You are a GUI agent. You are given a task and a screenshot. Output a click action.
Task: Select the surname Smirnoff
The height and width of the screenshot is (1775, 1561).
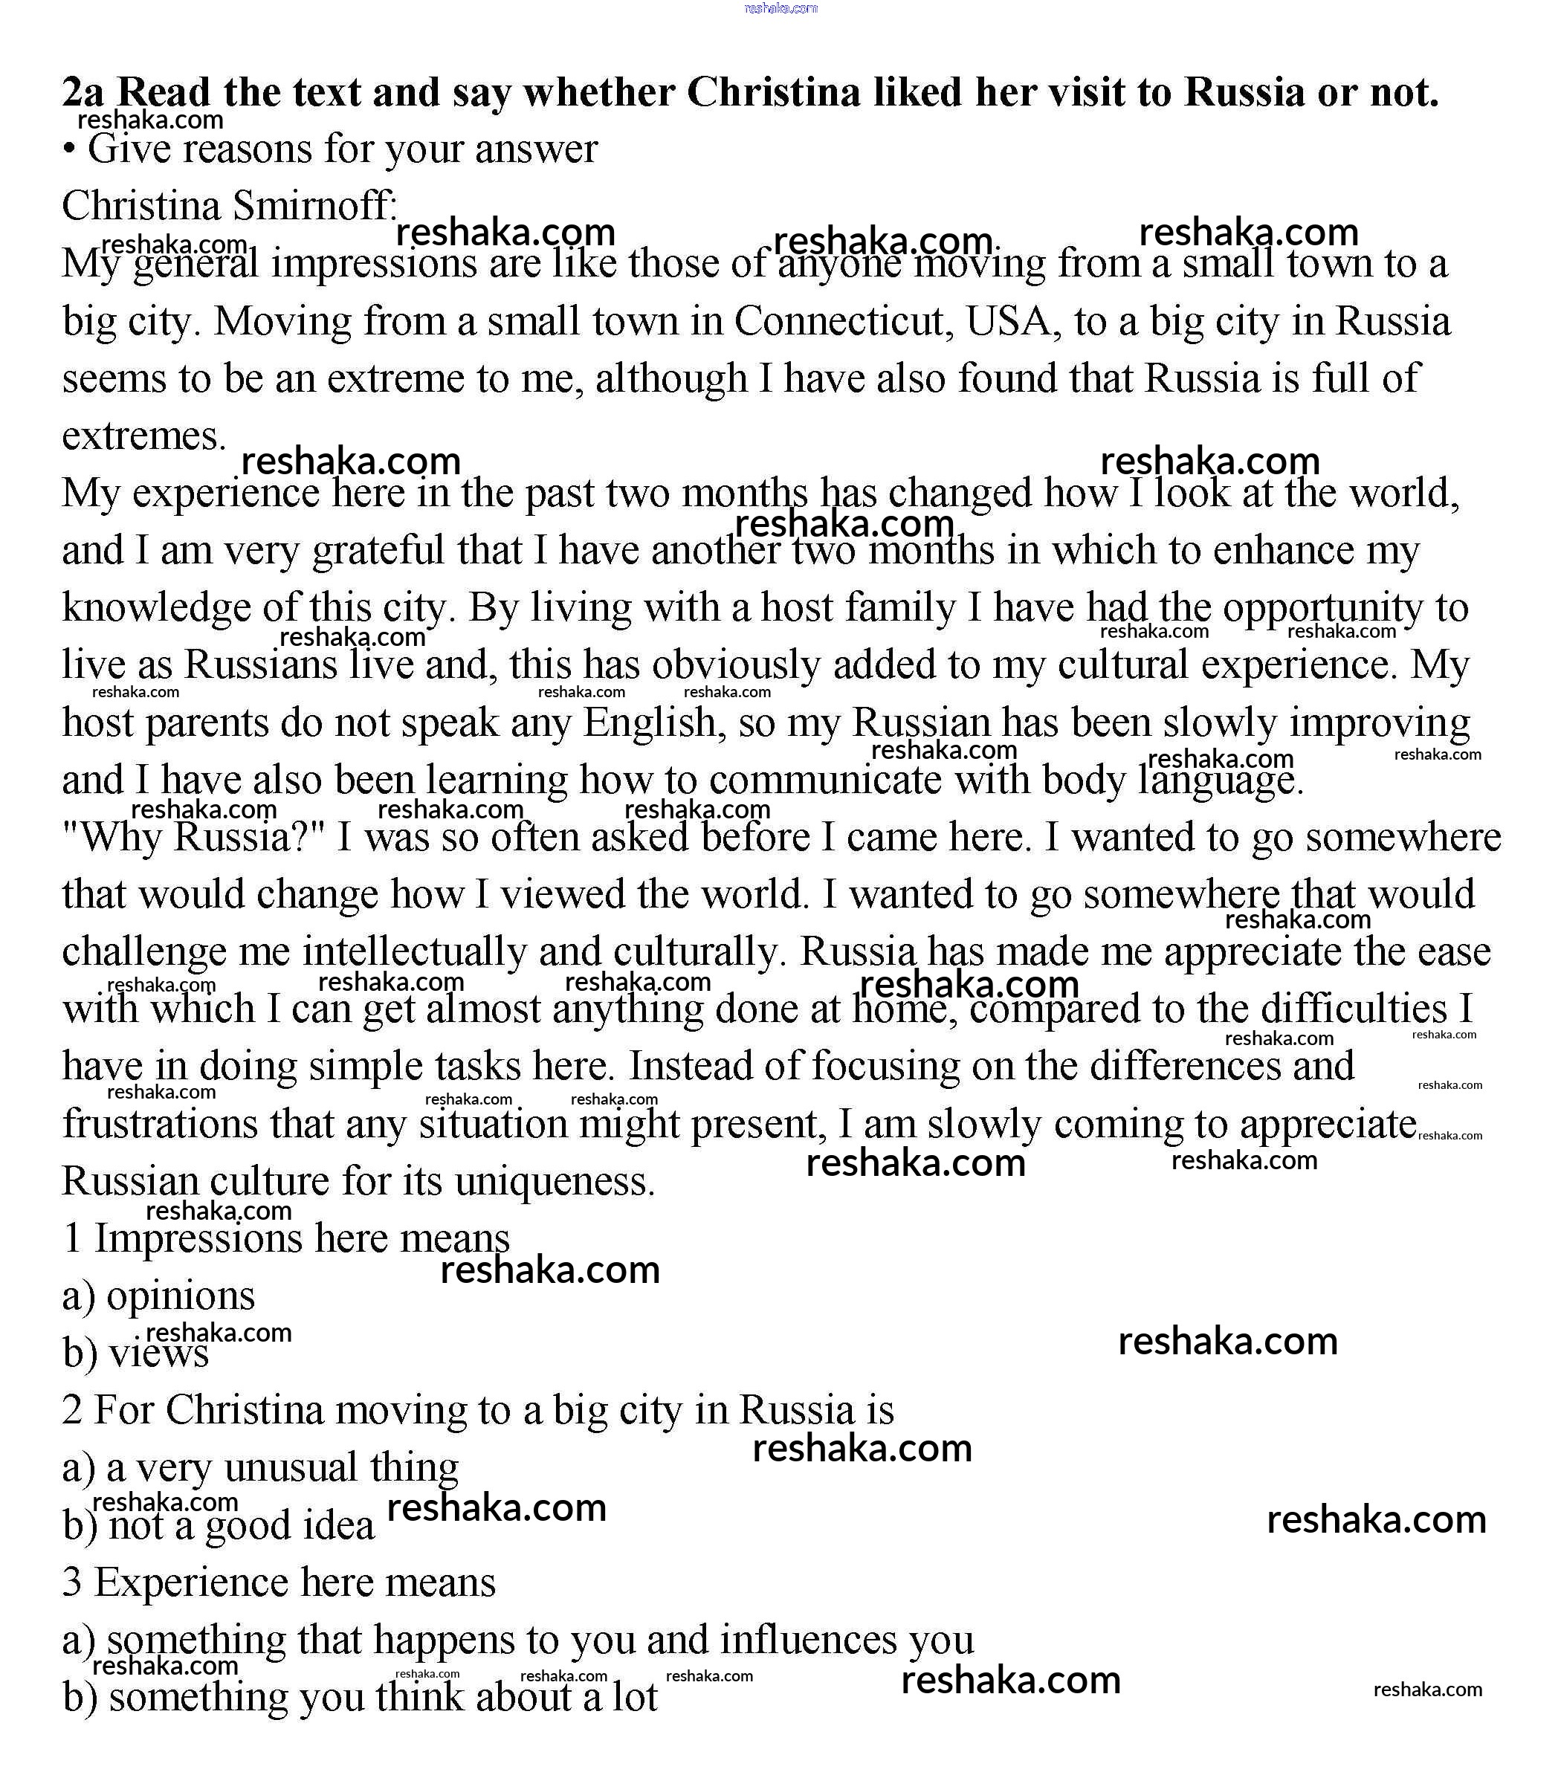(314, 207)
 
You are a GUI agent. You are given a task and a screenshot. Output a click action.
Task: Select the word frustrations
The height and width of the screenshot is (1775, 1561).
(160, 1124)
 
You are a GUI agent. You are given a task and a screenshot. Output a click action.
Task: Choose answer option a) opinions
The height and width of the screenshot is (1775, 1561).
(159, 1296)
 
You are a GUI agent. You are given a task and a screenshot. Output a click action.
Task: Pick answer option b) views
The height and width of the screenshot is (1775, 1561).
(135, 1353)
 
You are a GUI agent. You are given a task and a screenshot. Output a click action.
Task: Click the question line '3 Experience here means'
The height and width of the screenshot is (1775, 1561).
(279, 1582)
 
